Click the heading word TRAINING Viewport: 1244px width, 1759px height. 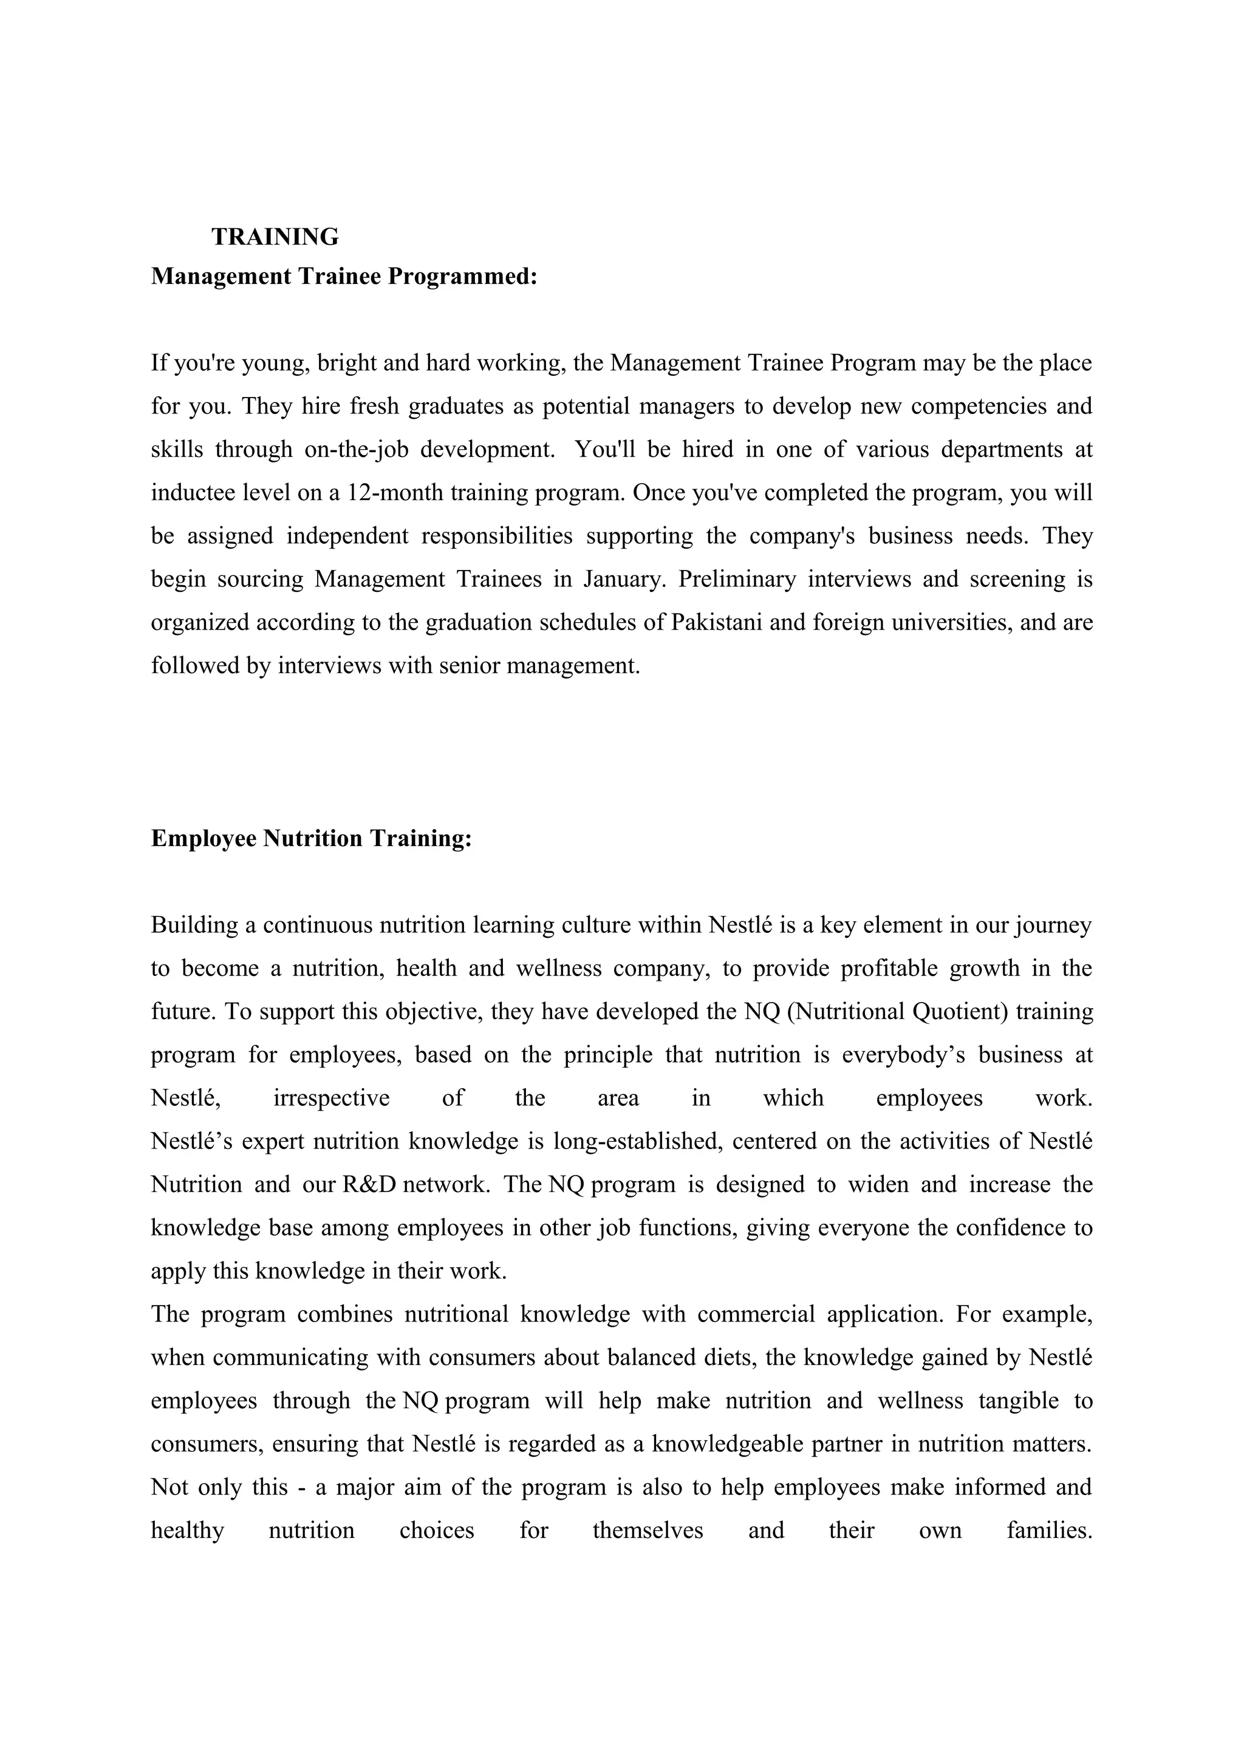click(x=275, y=237)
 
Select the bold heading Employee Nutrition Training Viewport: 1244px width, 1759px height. click(x=311, y=838)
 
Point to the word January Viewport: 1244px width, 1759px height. click(x=624, y=578)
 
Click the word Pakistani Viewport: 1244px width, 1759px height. click(x=716, y=622)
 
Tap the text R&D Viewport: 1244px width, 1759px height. click(x=369, y=1184)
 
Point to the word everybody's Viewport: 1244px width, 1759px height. click(x=895, y=1055)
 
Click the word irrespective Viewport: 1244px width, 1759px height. click(x=331, y=1098)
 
